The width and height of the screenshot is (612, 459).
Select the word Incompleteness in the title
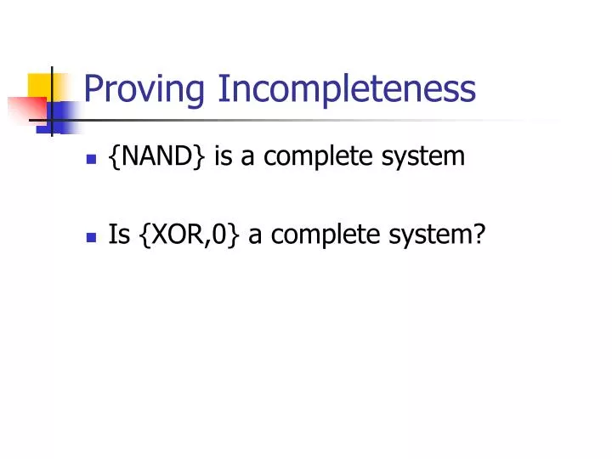click(347, 88)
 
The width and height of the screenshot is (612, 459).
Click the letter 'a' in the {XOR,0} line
click(254, 235)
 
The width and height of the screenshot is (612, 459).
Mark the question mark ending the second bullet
click(479, 234)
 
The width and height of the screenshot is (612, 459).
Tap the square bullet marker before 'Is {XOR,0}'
click(91, 235)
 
